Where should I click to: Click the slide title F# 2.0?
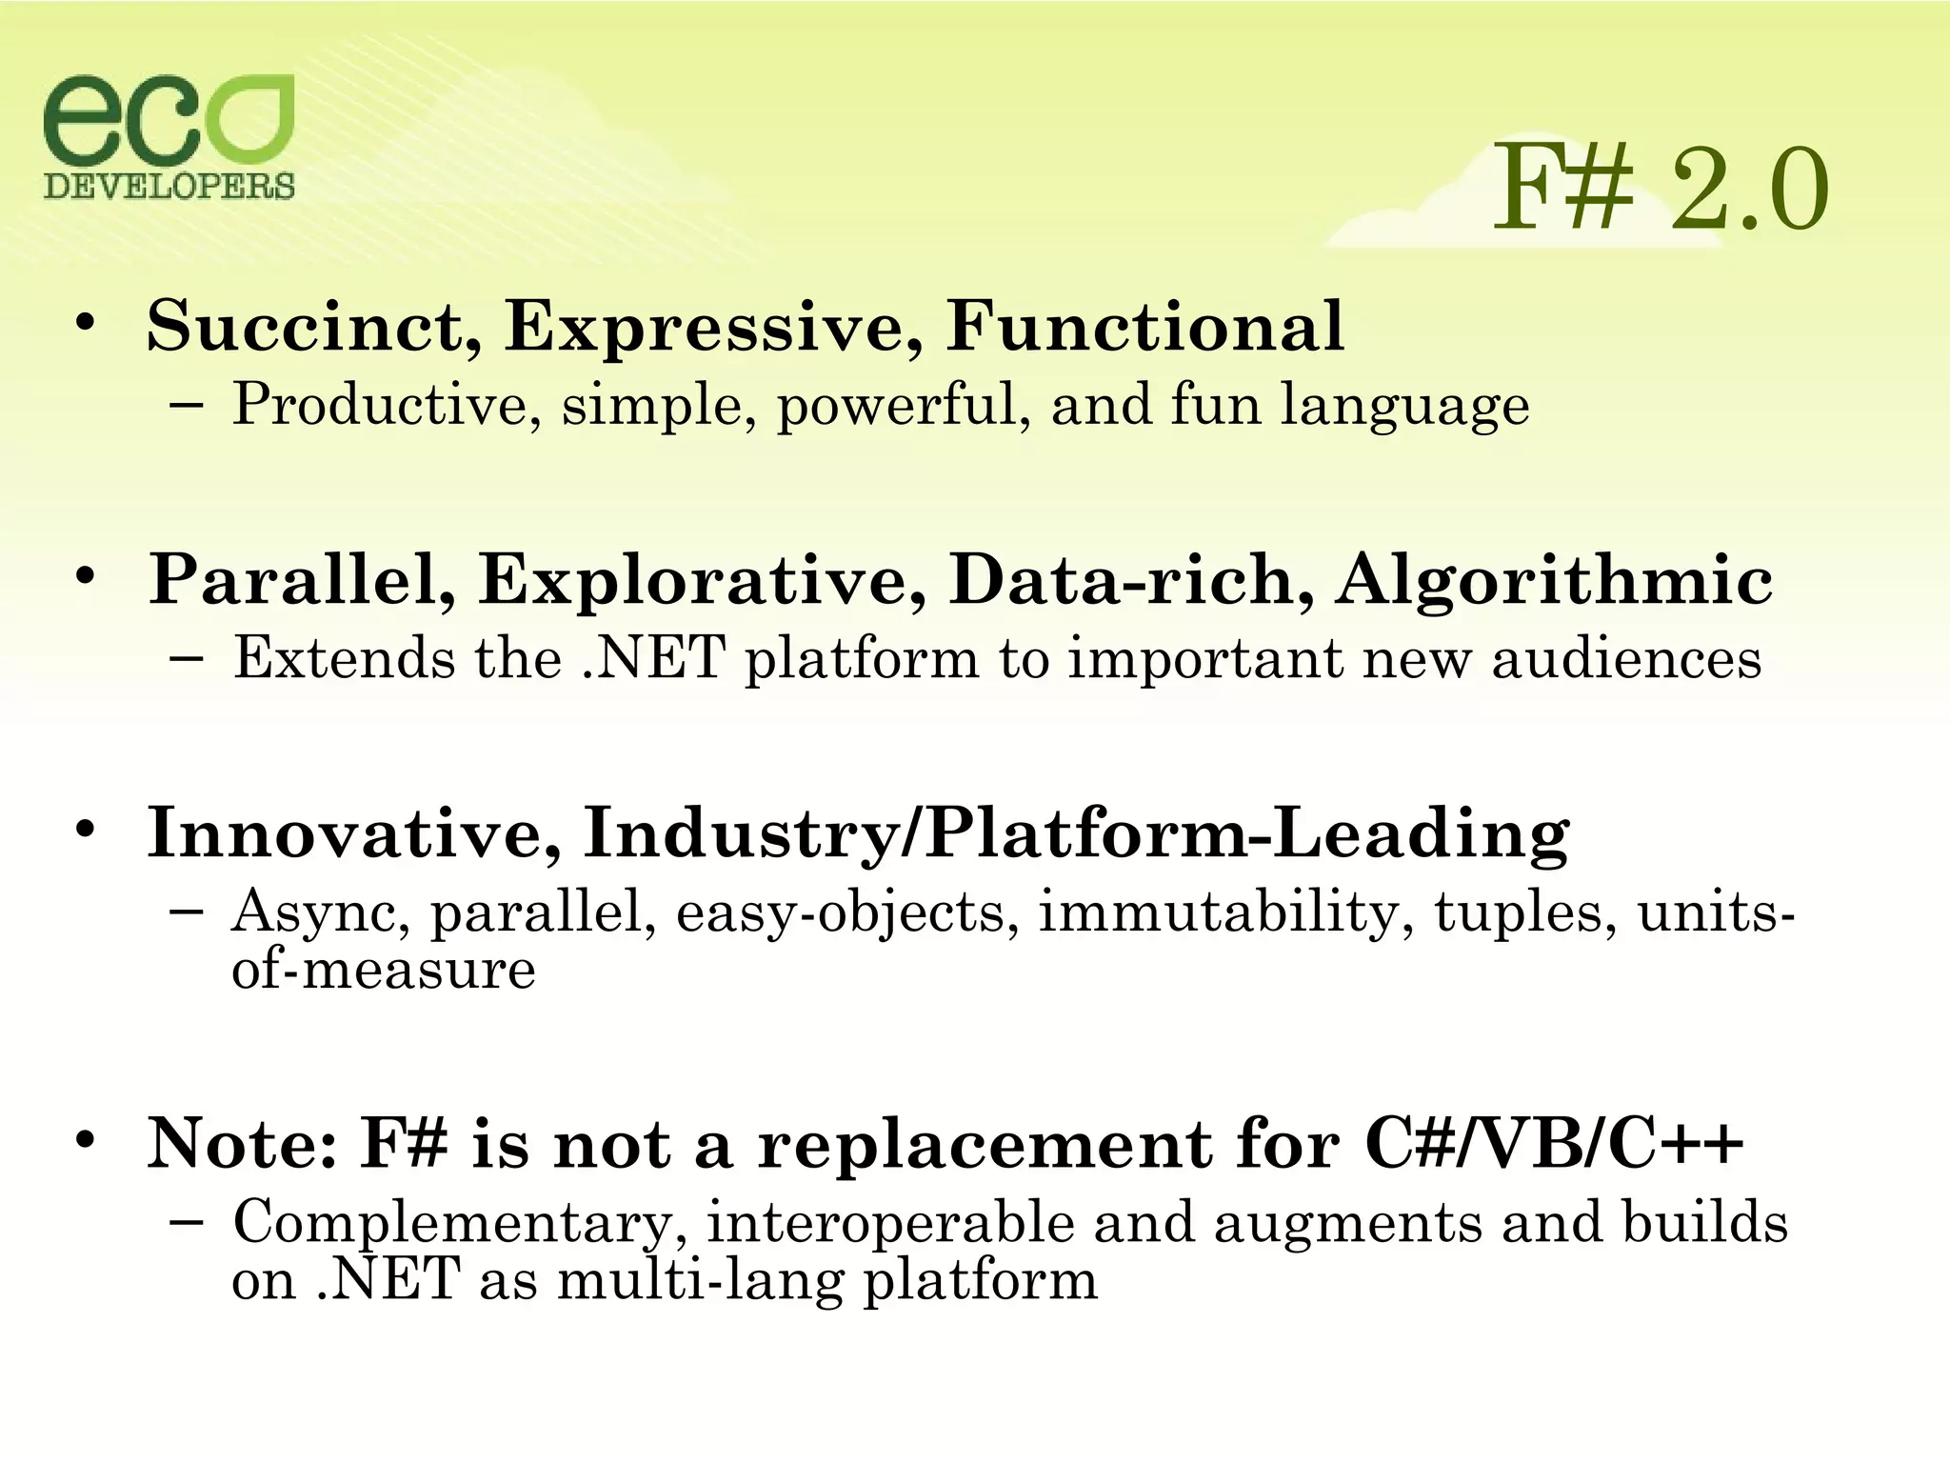click(x=1659, y=190)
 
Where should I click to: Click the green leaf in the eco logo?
click(x=249, y=120)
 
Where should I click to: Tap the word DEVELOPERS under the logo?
click(x=169, y=186)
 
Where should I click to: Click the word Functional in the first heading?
click(x=1144, y=327)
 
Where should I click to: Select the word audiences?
click(x=1626, y=659)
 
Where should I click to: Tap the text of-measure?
click(x=384, y=971)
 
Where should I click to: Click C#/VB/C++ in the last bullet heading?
click(x=1554, y=1144)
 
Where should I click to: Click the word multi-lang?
click(x=700, y=1281)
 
